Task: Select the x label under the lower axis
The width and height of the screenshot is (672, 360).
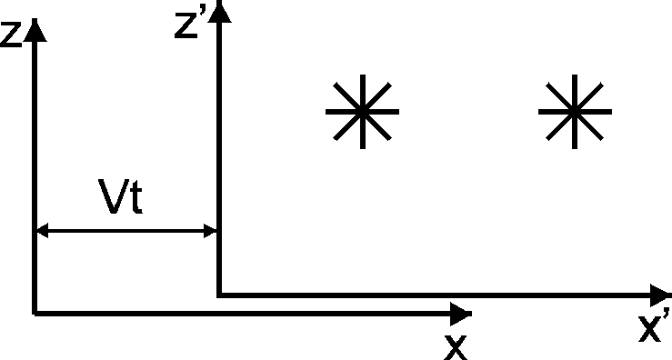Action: pos(455,345)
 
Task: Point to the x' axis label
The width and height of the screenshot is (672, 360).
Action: pos(655,327)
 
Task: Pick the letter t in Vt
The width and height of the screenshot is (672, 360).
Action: pos(135,201)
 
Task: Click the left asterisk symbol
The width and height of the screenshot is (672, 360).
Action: pos(362,112)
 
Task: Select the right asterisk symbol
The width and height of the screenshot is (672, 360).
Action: pos(574,112)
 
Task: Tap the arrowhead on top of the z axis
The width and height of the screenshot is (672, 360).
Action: pos(35,31)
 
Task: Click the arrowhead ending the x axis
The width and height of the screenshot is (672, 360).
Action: pos(462,314)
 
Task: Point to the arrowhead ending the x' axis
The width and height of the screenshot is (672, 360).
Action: pos(661,295)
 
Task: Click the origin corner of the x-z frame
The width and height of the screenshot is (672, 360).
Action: pos(35,314)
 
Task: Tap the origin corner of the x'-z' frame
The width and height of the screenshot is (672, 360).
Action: pos(218,295)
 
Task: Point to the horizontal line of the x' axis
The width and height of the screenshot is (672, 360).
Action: pos(436,295)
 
